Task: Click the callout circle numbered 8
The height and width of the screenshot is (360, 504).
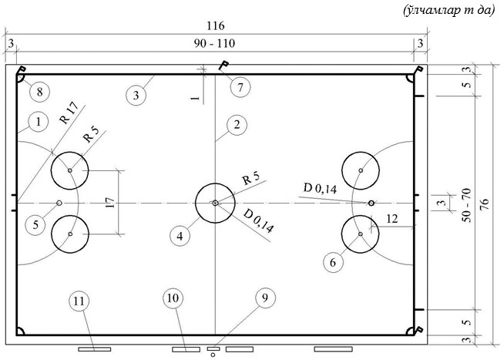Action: pos(39,92)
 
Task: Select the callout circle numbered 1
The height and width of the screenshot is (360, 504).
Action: pos(39,122)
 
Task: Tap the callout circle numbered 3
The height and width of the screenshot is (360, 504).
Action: pos(136,96)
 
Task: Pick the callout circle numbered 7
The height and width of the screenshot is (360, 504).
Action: pos(240,87)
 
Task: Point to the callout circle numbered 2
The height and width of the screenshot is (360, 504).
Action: pos(237,125)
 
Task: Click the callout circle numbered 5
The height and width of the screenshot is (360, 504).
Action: pos(35,224)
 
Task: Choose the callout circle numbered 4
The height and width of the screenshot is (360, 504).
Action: pos(180,236)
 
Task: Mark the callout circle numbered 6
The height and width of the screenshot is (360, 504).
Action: pos(333,263)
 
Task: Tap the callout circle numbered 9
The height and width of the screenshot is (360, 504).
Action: pos(265,298)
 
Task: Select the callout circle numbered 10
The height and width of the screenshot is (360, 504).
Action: pos(173,298)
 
